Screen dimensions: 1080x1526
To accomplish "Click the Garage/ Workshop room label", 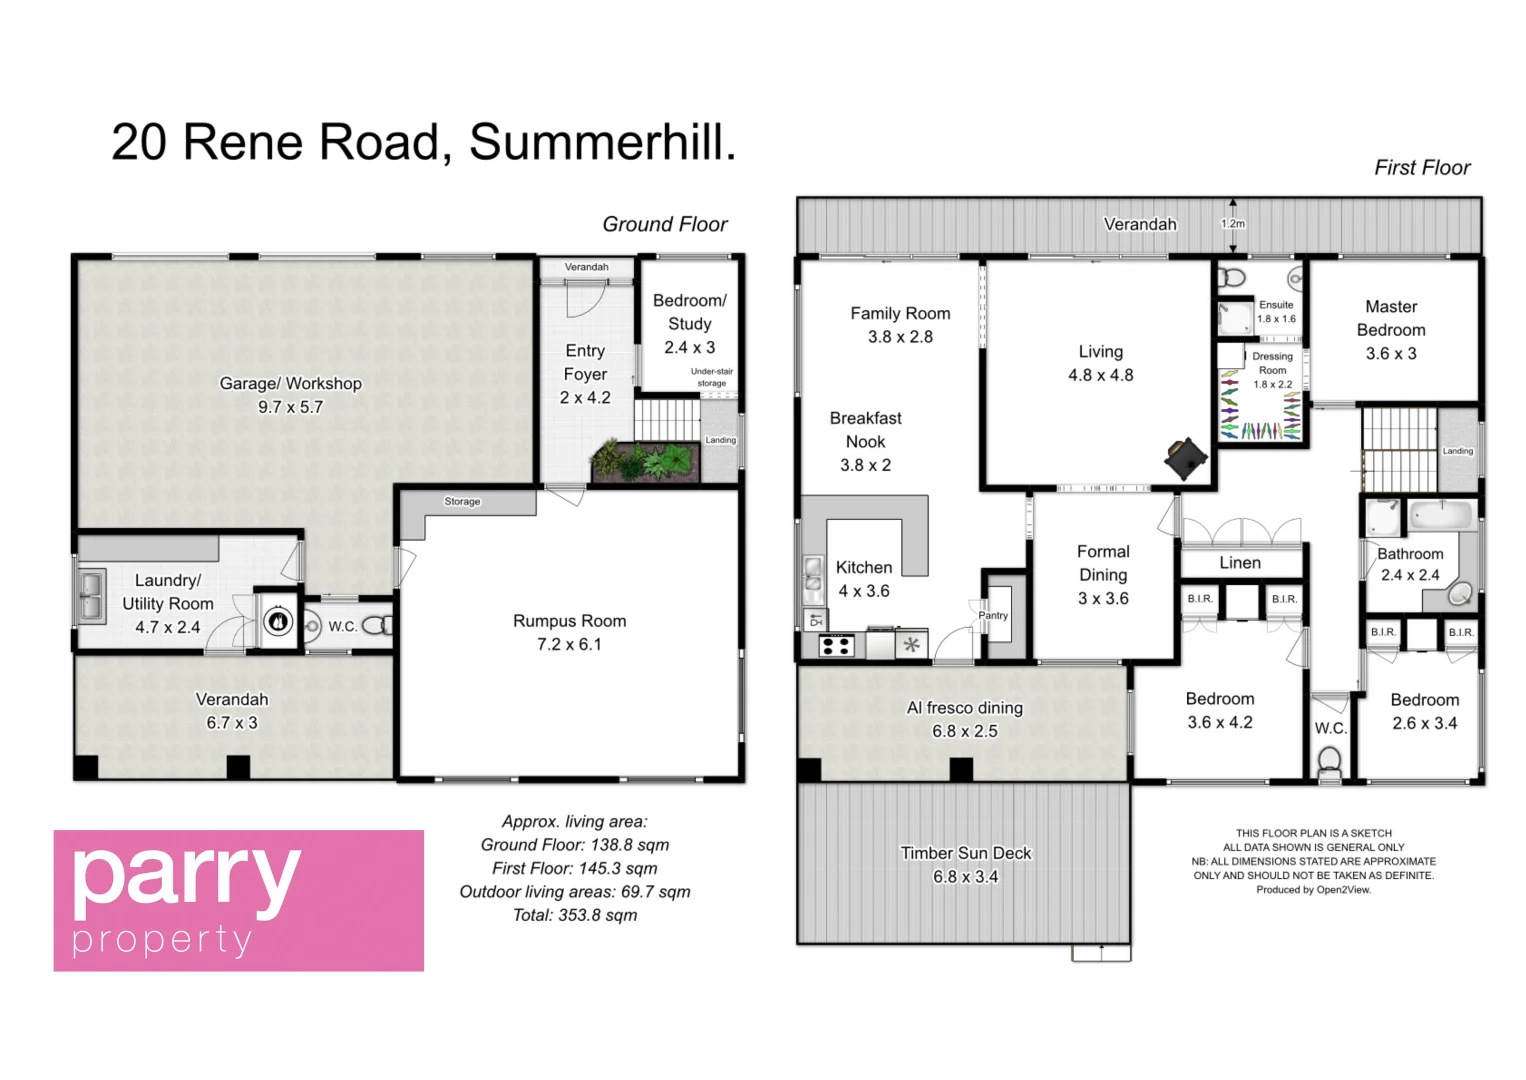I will coord(290,384).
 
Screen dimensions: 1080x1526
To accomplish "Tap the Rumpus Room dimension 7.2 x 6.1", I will coord(569,645).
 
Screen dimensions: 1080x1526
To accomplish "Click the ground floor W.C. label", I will coord(342,627).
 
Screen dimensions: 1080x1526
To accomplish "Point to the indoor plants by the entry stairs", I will coord(643,461).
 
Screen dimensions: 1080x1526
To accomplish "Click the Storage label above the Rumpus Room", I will coord(462,502).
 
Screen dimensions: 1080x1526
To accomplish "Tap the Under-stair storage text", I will coord(711,377).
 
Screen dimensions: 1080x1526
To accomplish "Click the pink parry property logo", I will coord(238,900).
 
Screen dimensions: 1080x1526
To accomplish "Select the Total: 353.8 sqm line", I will coord(574,915).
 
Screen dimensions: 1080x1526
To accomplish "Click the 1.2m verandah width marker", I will coord(1233,224).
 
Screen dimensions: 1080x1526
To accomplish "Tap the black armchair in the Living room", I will coord(1186,459).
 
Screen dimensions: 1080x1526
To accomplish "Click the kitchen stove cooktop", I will coord(835,646).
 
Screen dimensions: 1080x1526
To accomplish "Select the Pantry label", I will coord(993,616).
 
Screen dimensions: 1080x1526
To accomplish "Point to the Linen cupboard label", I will coord(1240,563).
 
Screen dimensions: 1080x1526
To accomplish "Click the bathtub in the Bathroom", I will coord(1440,517).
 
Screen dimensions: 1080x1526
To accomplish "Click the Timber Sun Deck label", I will coord(965,853).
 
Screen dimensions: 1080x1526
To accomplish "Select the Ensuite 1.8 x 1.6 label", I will coord(1276,311).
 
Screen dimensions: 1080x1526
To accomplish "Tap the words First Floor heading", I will coord(1421,168).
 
